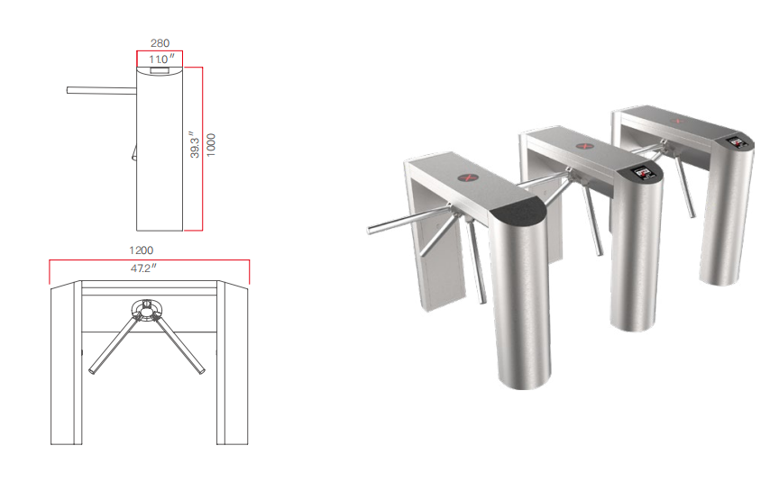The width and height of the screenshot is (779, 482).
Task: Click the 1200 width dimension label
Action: [142, 250]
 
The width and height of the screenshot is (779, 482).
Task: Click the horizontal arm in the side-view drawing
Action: [100, 89]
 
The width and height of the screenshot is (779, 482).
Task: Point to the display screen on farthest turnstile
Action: [735, 141]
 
